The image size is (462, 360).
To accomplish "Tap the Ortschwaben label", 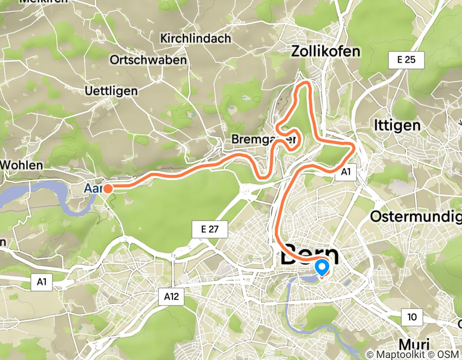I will pyautogui.click(x=148, y=60).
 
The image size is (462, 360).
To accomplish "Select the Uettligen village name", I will pyautogui.click(x=111, y=91).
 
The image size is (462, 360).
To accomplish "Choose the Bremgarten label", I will pyautogui.click(x=264, y=139).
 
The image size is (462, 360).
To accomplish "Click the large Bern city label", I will pyautogui.click(x=310, y=256).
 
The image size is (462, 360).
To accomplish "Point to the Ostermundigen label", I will pyautogui.click(x=416, y=216).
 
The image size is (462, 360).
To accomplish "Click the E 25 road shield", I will pyautogui.click(x=406, y=60).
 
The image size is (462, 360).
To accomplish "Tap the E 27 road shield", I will pyautogui.click(x=210, y=230).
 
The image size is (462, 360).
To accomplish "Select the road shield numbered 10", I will pyautogui.click(x=412, y=317).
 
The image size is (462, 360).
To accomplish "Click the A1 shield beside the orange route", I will pyautogui.click(x=345, y=173).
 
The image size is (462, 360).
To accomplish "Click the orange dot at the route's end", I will pyautogui.click(x=108, y=188).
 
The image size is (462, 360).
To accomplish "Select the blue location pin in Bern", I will pyautogui.click(x=322, y=267).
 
